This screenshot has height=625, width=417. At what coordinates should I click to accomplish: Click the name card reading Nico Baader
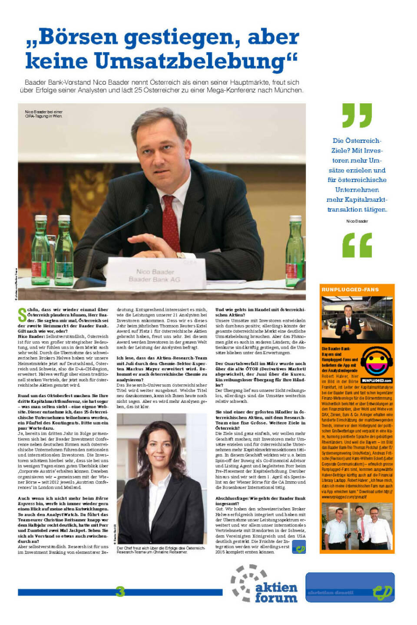(155, 275)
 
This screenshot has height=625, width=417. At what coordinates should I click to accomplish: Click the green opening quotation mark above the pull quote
(357, 115)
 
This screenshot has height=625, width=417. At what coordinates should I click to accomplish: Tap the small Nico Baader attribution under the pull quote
(357, 221)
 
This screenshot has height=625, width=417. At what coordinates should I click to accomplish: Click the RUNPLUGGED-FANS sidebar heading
(350, 289)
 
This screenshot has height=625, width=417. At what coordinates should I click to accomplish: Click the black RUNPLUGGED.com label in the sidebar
(377, 380)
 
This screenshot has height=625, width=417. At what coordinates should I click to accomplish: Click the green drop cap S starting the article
(22, 314)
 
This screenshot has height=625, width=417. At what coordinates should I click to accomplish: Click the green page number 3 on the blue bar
(120, 591)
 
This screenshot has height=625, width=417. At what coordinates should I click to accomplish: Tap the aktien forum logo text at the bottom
(276, 592)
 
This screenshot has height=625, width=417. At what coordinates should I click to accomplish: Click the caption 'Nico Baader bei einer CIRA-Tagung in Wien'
(43, 114)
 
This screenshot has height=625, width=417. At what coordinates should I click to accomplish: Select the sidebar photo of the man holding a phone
(357, 320)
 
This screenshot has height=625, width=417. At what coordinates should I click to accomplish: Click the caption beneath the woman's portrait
(161, 550)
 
